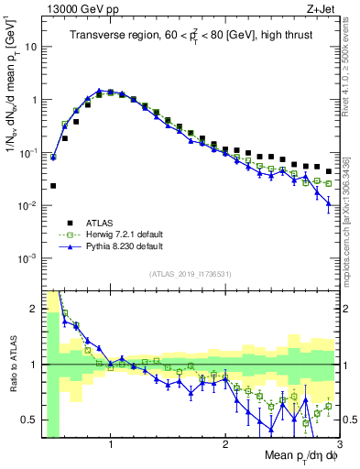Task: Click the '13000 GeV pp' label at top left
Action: tap(74, 8)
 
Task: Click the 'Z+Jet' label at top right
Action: tap(321, 8)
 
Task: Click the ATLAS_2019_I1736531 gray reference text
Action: tap(190, 274)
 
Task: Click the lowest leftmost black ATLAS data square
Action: tap(53, 186)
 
